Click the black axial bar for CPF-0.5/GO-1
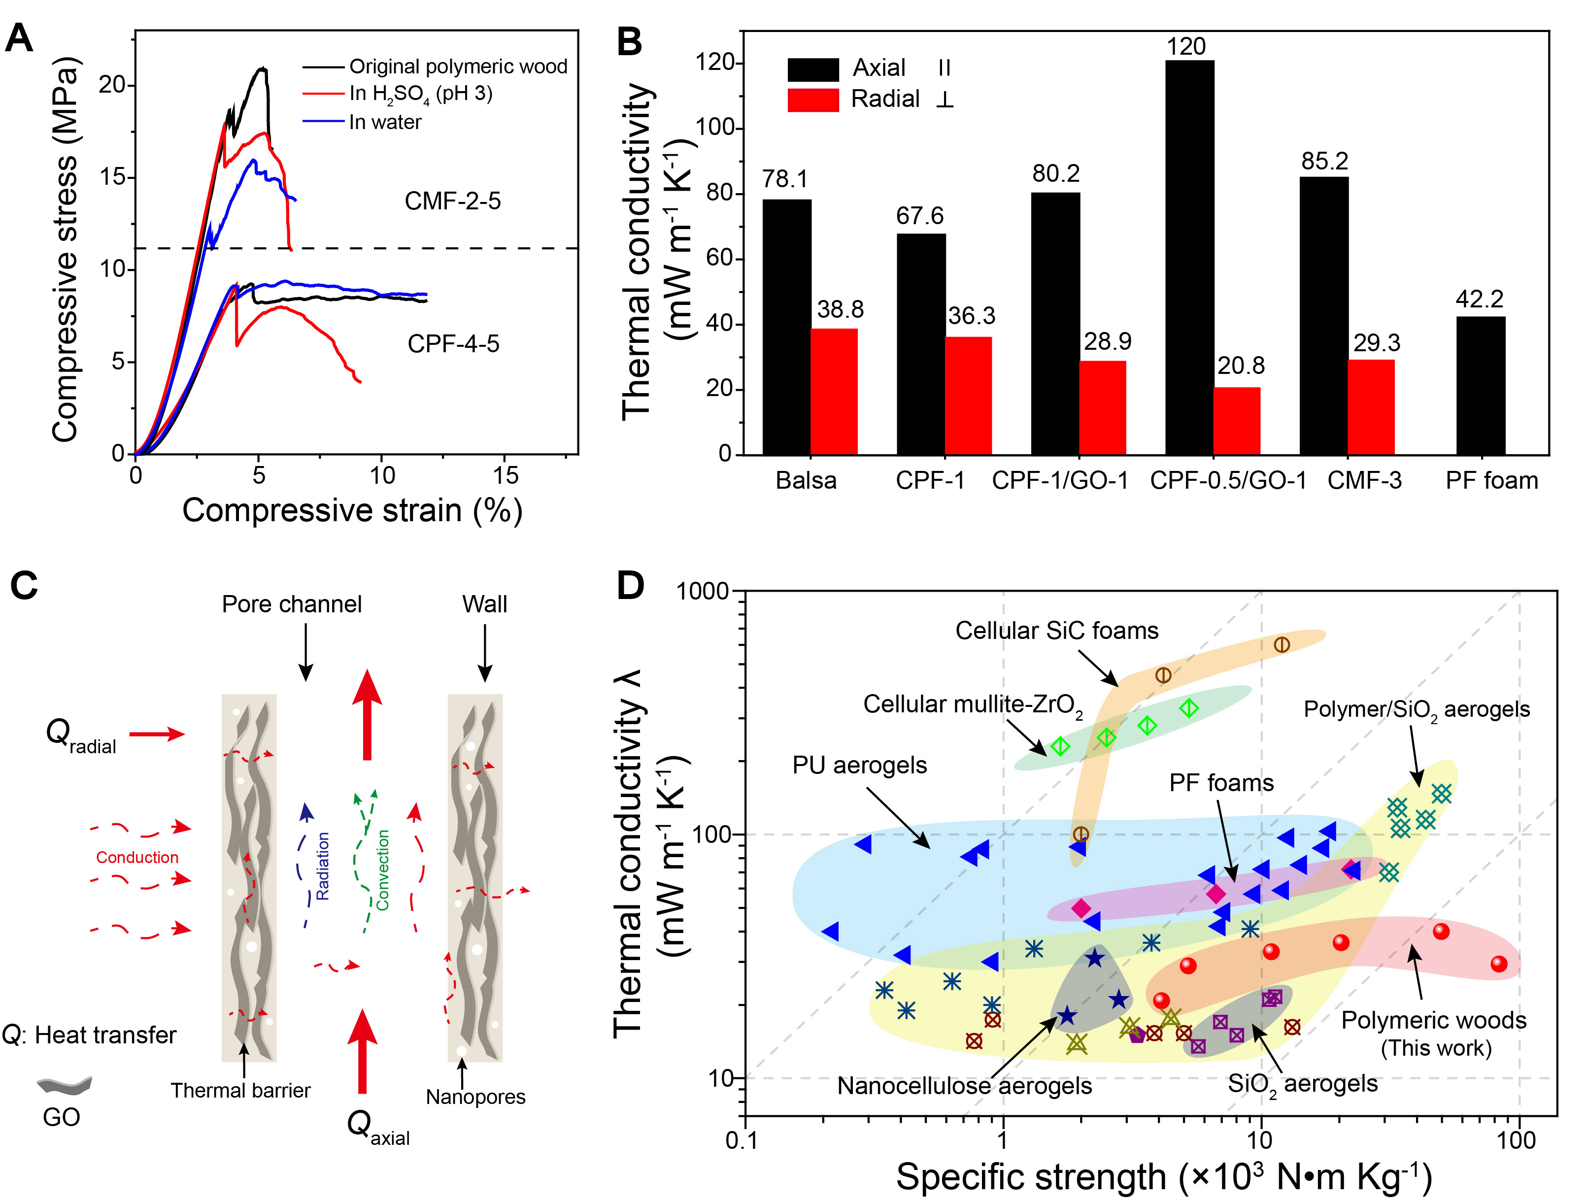click(x=1189, y=258)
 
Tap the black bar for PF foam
click(x=1480, y=386)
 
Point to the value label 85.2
click(x=1324, y=161)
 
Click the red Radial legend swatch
click(x=813, y=100)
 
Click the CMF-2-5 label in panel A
click(x=453, y=201)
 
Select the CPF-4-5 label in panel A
click(x=453, y=344)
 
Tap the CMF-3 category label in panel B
click(x=1364, y=480)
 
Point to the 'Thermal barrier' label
click(x=240, y=1091)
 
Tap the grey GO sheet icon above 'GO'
click(x=64, y=1085)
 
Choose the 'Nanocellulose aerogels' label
click(x=964, y=1086)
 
